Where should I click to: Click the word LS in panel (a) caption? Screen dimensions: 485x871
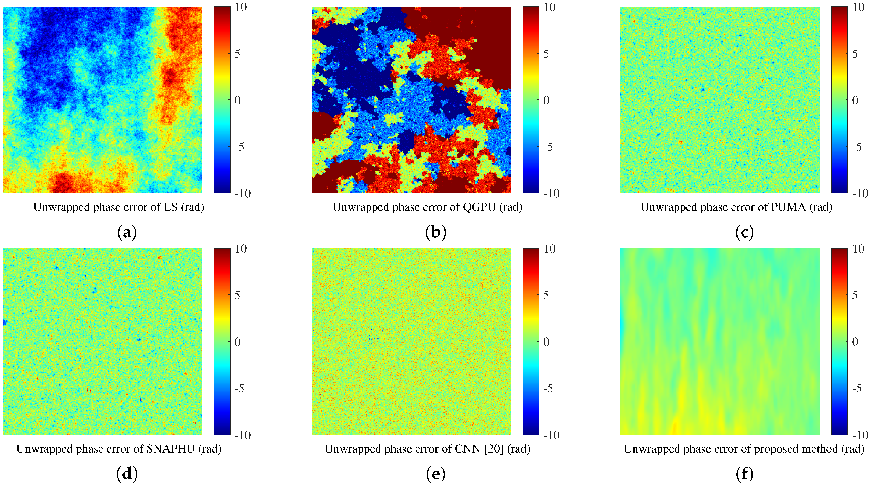click(x=171, y=207)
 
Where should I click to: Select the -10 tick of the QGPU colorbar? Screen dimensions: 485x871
click(x=551, y=193)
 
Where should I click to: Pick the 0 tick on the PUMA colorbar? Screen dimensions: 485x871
click(x=855, y=100)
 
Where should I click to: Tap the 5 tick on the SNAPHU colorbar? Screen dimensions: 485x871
click(x=238, y=295)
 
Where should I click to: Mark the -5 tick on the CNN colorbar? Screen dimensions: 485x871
click(x=548, y=388)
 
